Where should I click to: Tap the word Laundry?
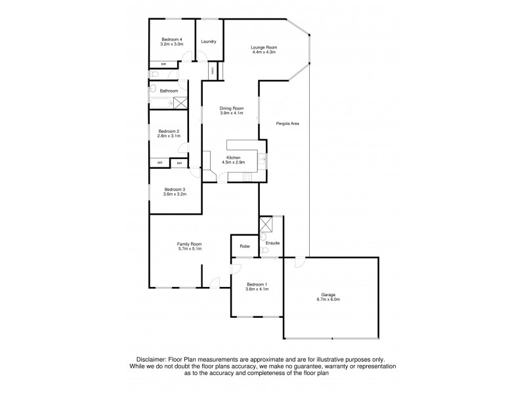click(x=209, y=41)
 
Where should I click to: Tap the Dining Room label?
click(x=232, y=108)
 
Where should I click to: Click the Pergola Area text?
click(x=287, y=123)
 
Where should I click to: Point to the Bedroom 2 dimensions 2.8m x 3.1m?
click(x=169, y=136)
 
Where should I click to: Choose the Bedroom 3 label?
click(x=175, y=190)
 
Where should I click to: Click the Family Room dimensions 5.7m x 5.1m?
click(x=189, y=249)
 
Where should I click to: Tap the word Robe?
click(x=244, y=246)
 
